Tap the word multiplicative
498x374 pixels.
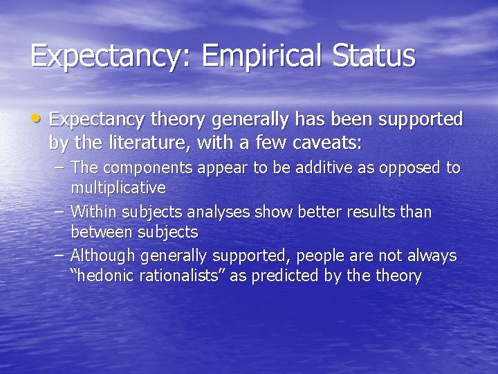click(x=118, y=188)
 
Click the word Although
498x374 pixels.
click(x=103, y=256)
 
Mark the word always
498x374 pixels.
click(x=430, y=256)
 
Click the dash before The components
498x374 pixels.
click(x=60, y=168)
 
